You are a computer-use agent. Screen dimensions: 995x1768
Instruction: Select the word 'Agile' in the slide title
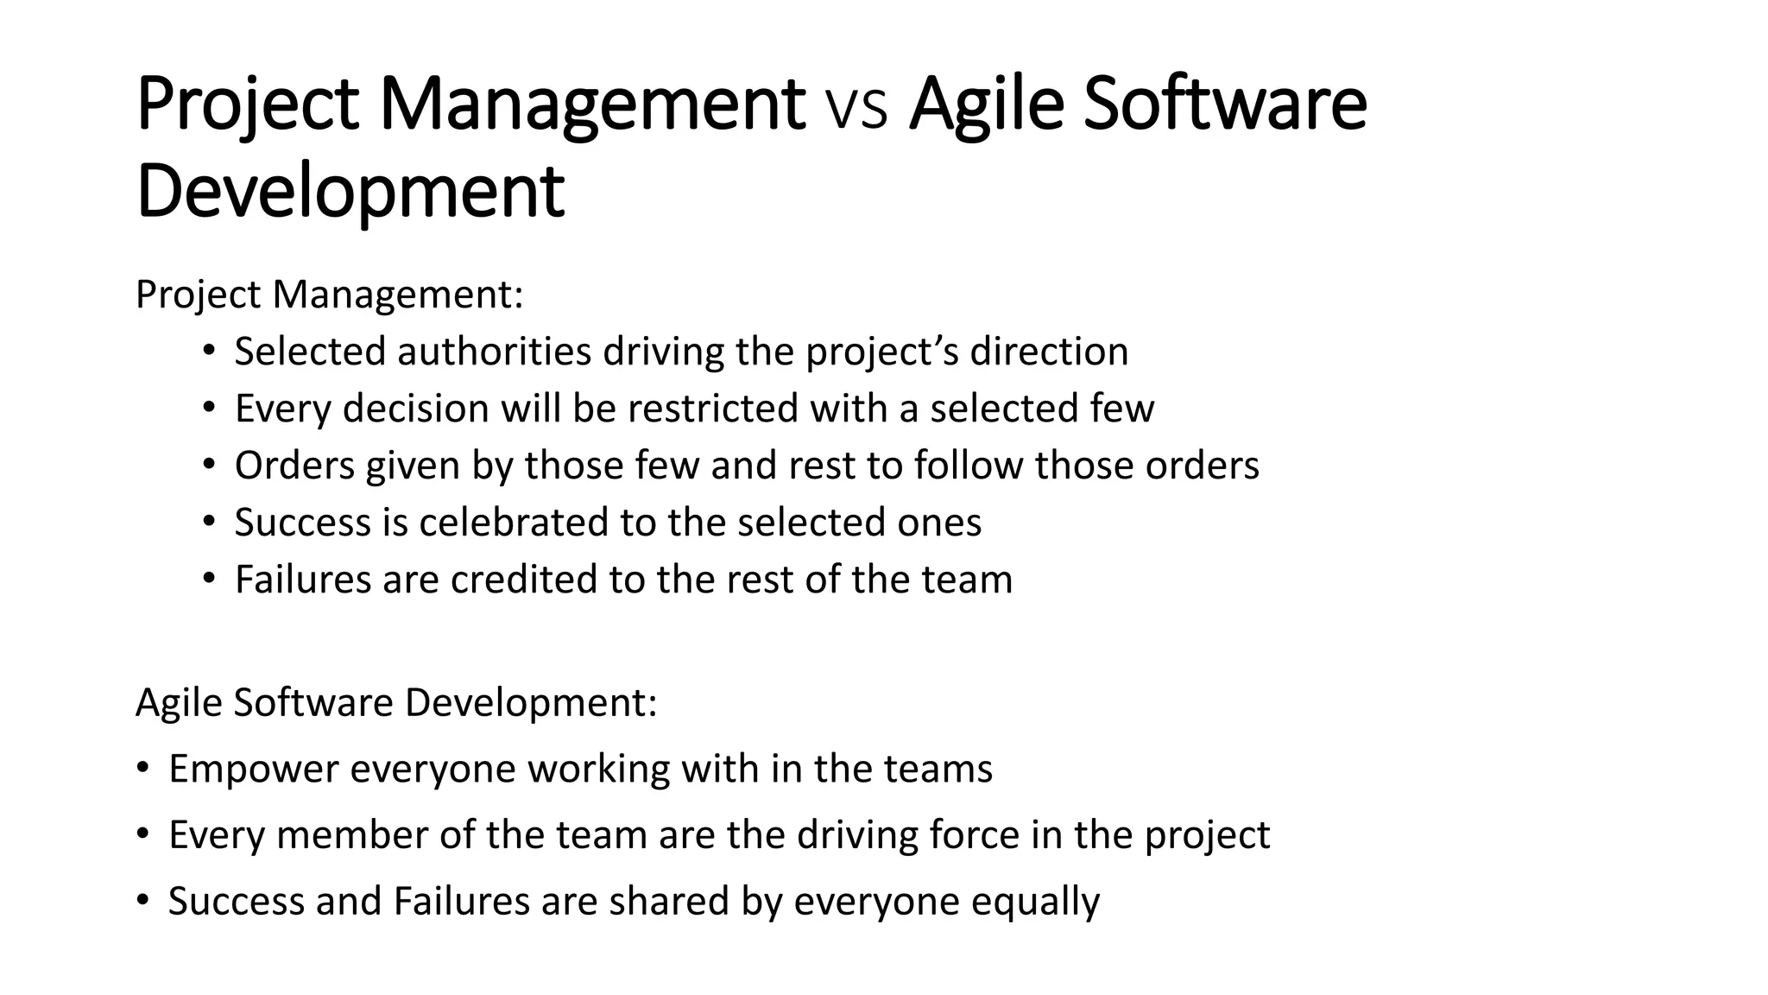click(x=985, y=105)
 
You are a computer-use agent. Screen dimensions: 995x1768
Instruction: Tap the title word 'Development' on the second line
click(x=350, y=192)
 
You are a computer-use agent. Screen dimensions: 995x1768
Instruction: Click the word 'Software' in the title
click(x=1224, y=105)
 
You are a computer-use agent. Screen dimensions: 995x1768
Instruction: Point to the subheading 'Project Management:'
click(x=329, y=295)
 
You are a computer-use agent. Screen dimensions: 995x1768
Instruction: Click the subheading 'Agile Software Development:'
click(x=396, y=702)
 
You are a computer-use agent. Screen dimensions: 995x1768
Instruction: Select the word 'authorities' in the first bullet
click(x=494, y=352)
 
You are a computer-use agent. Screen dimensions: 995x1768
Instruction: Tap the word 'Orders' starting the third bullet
click(x=294, y=466)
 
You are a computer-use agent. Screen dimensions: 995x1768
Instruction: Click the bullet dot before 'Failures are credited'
click(x=208, y=579)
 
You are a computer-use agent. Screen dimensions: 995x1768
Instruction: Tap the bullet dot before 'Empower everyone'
click(x=142, y=768)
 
